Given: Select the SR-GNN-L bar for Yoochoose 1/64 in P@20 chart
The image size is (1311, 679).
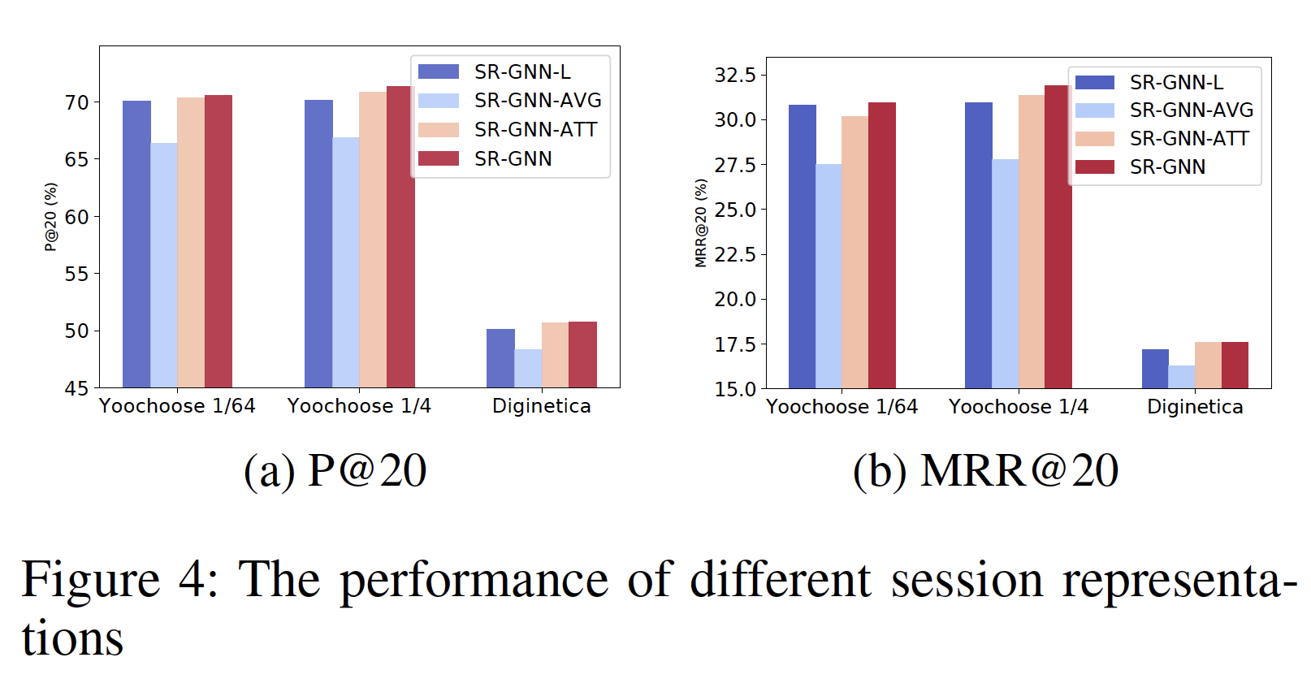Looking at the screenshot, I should coord(136,244).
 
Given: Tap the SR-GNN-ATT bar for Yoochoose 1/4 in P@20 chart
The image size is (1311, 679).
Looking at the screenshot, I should coord(373,240).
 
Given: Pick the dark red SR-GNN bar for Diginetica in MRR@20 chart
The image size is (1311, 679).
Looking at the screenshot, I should coord(1235,365).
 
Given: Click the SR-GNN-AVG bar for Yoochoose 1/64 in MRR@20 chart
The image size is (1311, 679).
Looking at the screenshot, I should coord(829,276).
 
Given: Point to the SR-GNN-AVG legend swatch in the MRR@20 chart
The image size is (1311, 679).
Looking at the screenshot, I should coord(1094,110).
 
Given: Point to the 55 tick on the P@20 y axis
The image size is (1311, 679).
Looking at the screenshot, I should coord(77,274).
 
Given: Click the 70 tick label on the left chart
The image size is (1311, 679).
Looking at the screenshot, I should coord(77,102).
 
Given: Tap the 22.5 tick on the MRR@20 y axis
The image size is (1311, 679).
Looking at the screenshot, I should coord(735,255).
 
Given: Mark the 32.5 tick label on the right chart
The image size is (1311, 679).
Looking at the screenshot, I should coord(735,76).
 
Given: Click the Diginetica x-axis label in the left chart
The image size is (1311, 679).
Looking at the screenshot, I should coord(542,406).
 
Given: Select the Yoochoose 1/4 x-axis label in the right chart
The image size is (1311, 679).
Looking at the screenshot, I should coord(1019,407).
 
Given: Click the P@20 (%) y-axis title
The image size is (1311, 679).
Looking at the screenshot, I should coord(51,217).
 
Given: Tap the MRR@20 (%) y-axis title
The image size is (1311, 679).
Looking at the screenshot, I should coord(701,223).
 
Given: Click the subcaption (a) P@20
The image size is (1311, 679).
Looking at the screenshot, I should coord(335,470).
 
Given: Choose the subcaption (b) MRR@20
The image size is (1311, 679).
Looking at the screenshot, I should coord(985,470).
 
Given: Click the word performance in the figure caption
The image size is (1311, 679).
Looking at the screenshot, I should coord(474,580).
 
